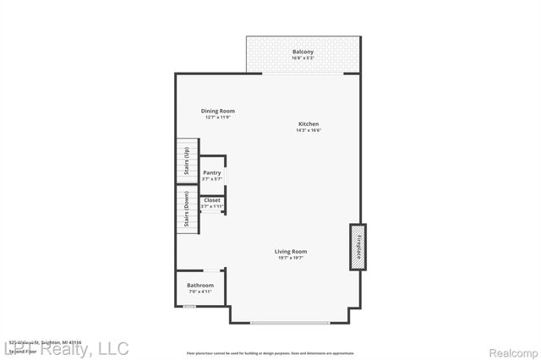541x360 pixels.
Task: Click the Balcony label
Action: (x=303, y=52)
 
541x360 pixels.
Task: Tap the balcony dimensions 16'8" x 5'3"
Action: (x=303, y=59)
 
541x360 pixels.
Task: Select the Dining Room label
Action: (x=217, y=111)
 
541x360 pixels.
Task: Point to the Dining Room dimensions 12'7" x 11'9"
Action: (x=217, y=117)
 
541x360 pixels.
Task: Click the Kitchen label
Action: (x=308, y=123)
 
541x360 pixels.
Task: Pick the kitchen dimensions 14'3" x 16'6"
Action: (x=308, y=130)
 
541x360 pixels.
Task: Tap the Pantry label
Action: (x=211, y=172)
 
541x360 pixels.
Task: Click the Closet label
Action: (x=211, y=200)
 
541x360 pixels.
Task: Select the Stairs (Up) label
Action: (x=186, y=162)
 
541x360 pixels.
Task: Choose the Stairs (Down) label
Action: (x=186, y=212)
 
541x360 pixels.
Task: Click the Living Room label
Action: (x=290, y=251)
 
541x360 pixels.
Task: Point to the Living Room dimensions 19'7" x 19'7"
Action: (x=290, y=258)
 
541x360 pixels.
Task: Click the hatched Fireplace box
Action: (x=358, y=247)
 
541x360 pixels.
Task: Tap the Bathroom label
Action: (x=200, y=286)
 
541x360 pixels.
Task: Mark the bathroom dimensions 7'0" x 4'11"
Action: (x=200, y=292)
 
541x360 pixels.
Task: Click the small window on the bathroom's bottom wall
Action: (x=189, y=306)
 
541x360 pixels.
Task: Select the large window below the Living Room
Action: (x=290, y=323)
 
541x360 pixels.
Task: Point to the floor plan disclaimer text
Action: (x=270, y=352)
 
